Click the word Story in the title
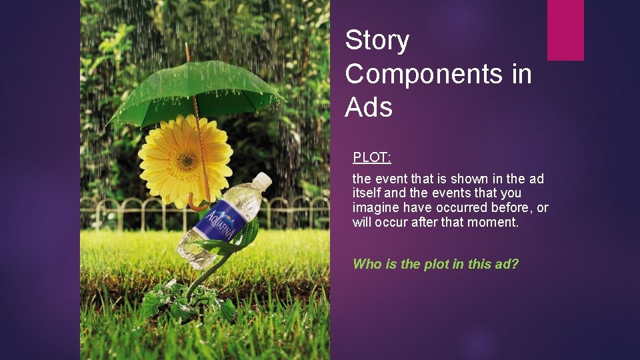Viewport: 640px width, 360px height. point(377,41)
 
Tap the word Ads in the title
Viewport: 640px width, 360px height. point(369,107)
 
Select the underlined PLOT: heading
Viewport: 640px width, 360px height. point(372,158)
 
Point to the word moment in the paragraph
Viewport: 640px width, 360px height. point(495,223)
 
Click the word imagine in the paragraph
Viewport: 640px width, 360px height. point(375,208)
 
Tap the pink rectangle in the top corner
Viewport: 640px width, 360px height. point(565,29)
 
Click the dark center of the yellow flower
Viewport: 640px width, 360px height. point(186,160)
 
